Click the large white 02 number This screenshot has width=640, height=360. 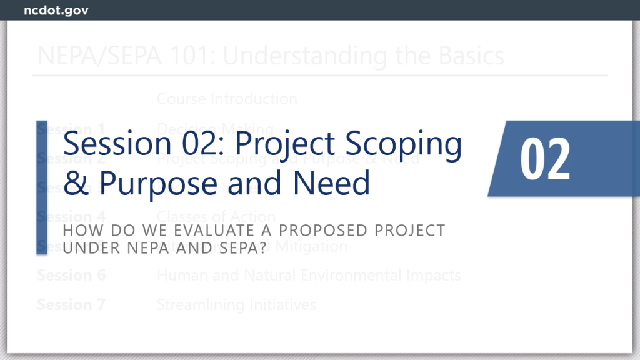pyautogui.click(x=545, y=159)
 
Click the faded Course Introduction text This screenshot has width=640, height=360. pyautogui.click(x=227, y=99)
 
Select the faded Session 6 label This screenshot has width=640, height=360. pyautogui.click(x=71, y=275)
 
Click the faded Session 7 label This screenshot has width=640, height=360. pyautogui.click(x=71, y=304)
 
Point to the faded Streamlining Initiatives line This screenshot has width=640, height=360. pyautogui.click(x=236, y=304)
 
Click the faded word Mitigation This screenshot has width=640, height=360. pyautogui.click(x=310, y=246)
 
